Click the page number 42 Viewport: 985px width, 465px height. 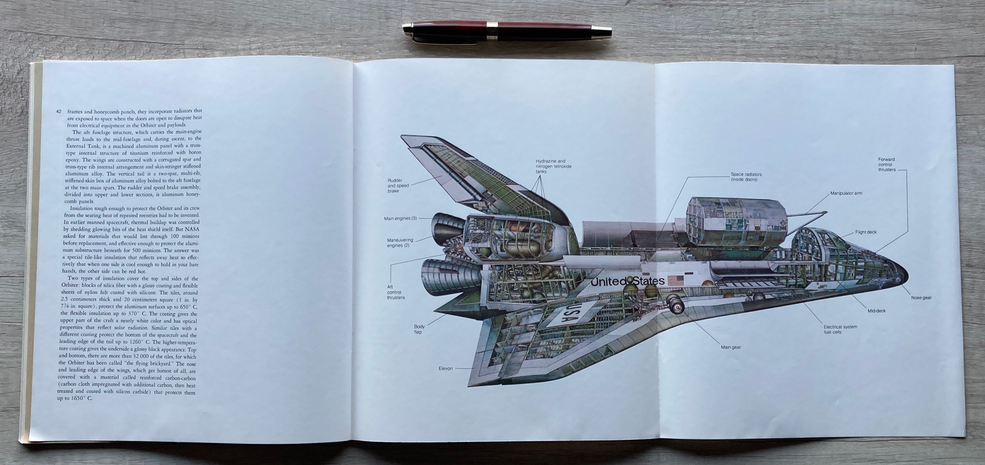click(58, 111)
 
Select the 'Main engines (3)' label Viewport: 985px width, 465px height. click(400, 218)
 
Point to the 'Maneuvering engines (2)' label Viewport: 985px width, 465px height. click(400, 243)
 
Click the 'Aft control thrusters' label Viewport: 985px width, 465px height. click(396, 292)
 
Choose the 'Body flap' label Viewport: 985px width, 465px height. click(419, 329)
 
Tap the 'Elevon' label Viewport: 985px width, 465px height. click(446, 368)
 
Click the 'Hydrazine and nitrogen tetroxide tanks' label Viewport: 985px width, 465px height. click(553, 166)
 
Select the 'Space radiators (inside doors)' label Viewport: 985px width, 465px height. click(746, 177)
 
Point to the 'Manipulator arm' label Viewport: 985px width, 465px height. click(846, 193)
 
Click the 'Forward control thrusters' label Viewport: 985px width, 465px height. click(887, 164)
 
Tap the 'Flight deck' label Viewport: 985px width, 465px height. click(866, 232)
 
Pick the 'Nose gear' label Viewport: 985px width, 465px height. click(921, 298)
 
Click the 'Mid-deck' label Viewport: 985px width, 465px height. click(877, 311)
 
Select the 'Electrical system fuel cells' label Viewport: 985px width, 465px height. click(840, 329)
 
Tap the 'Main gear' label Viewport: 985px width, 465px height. click(731, 347)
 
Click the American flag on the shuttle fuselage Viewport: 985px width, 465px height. click(675, 280)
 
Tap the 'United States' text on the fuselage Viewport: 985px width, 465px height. click(627, 281)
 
